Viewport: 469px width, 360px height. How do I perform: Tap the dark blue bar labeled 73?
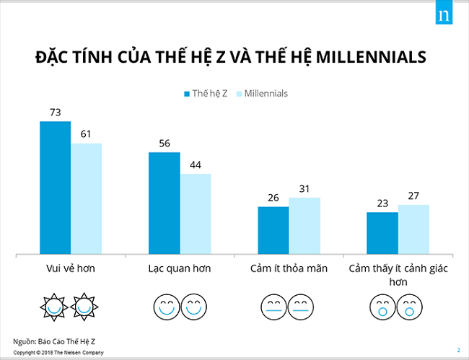pos(55,188)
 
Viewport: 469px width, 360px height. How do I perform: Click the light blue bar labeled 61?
pos(86,198)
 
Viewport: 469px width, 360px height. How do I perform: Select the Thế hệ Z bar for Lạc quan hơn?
pos(164,203)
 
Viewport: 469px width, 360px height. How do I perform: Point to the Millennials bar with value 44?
pos(196,214)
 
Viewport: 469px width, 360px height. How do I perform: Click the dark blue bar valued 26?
pos(273,230)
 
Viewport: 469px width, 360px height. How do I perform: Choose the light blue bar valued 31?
pos(304,226)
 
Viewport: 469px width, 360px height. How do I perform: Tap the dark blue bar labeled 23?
pos(382,233)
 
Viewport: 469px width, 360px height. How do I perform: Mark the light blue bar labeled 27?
pos(413,229)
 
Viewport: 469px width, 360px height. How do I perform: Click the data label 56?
pos(164,144)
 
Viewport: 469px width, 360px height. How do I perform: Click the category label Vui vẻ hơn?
pos(70,268)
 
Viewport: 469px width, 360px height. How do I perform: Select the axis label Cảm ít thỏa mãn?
pos(289,268)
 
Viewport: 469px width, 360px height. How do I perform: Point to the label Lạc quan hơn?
pos(180,268)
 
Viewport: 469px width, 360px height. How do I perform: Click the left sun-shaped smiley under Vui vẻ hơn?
pos(54,306)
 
